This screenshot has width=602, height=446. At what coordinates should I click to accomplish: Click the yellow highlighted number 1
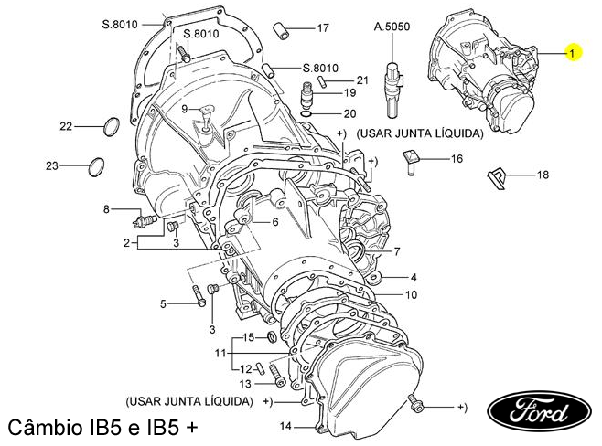(x=573, y=54)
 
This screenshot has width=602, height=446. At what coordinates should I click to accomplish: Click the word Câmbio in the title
(x=46, y=428)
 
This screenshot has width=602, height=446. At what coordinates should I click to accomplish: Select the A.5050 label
(x=392, y=27)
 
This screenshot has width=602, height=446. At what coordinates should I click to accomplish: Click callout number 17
(x=322, y=27)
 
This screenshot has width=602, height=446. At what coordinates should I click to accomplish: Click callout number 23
(x=51, y=165)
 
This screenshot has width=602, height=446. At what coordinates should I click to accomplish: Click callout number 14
(x=285, y=426)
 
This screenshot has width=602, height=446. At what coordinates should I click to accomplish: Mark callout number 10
(x=412, y=294)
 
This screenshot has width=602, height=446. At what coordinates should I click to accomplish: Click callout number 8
(x=106, y=209)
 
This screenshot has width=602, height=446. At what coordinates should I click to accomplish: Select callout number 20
(x=349, y=114)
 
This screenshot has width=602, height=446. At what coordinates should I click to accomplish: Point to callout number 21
(x=362, y=80)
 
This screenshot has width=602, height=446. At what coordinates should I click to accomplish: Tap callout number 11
(x=220, y=352)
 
